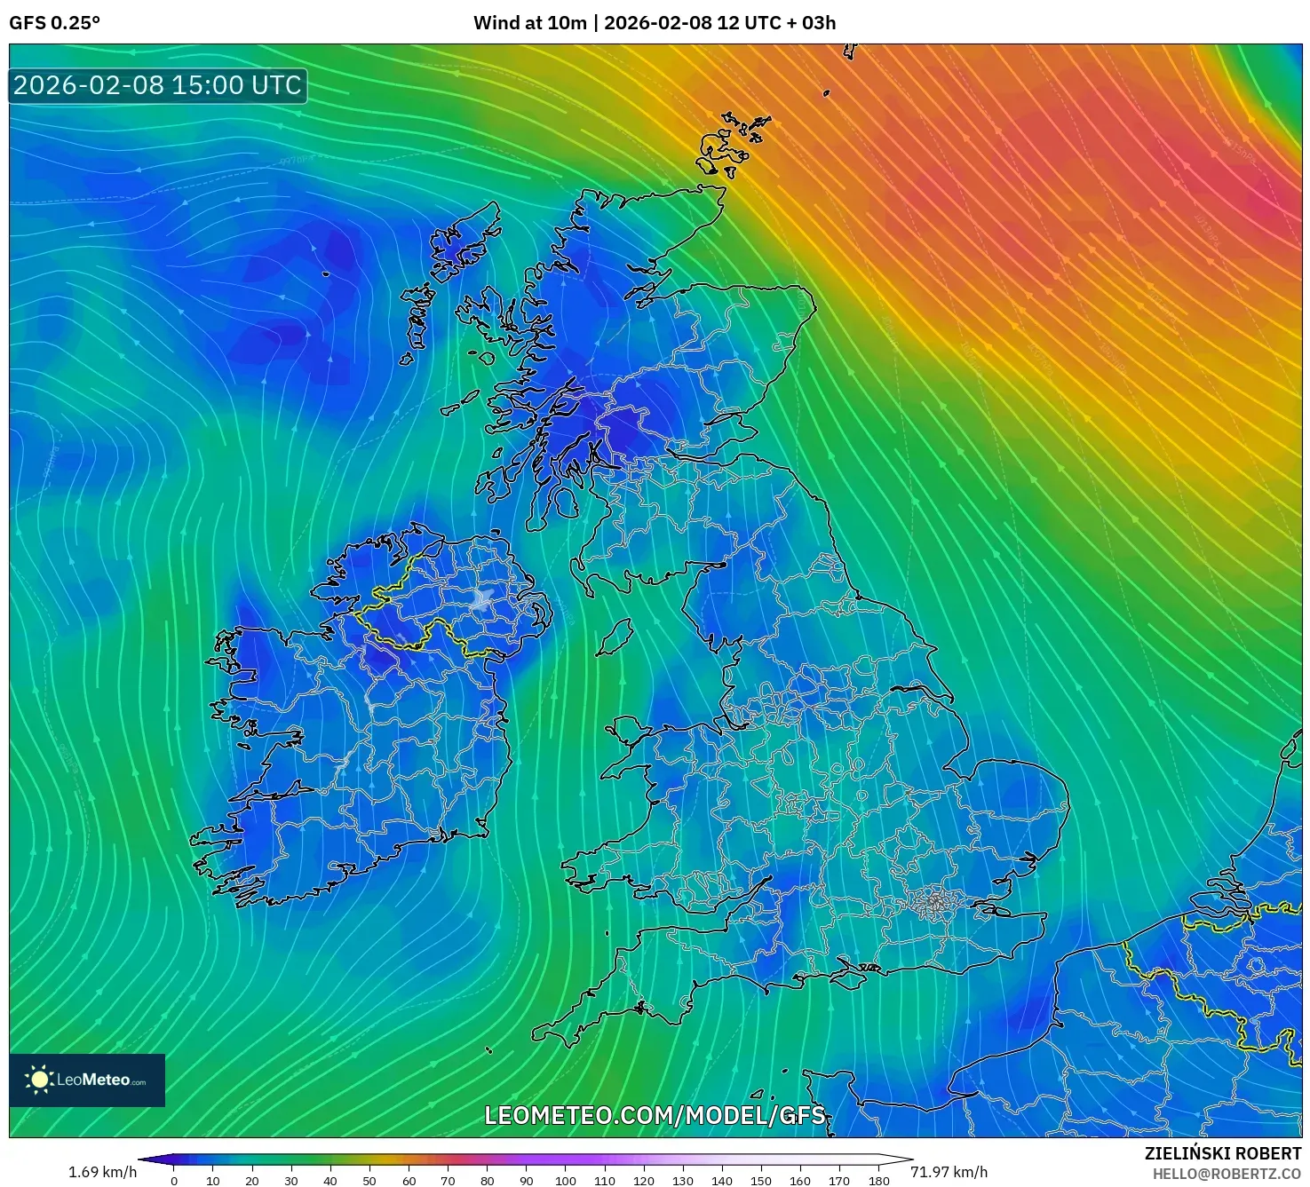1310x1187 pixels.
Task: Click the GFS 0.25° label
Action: tap(54, 23)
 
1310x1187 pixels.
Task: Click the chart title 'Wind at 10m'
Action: tap(529, 23)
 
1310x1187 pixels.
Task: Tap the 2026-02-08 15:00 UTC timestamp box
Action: tap(158, 85)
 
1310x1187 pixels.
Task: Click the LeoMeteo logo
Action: tap(87, 1080)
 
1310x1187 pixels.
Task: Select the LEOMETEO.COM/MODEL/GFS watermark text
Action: tap(655, 1115)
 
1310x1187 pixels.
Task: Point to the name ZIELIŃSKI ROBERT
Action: tap(1222, 1153)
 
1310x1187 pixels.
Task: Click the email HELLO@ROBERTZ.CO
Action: tap(1227, 1174)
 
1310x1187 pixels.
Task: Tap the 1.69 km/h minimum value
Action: tap(102, 1172)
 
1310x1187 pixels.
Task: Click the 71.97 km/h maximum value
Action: tap(949, 1172)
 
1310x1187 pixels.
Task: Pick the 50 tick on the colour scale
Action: tap(369, 1180)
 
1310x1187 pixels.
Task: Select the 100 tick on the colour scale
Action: tap(566, 1180)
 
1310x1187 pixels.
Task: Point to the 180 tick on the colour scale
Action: tap(878, 1180)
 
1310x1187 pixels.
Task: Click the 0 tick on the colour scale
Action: tap(174, 1180)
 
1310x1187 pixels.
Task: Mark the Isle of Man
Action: tap(614, 637)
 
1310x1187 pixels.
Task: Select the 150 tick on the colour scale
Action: tap(761, 1180)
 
